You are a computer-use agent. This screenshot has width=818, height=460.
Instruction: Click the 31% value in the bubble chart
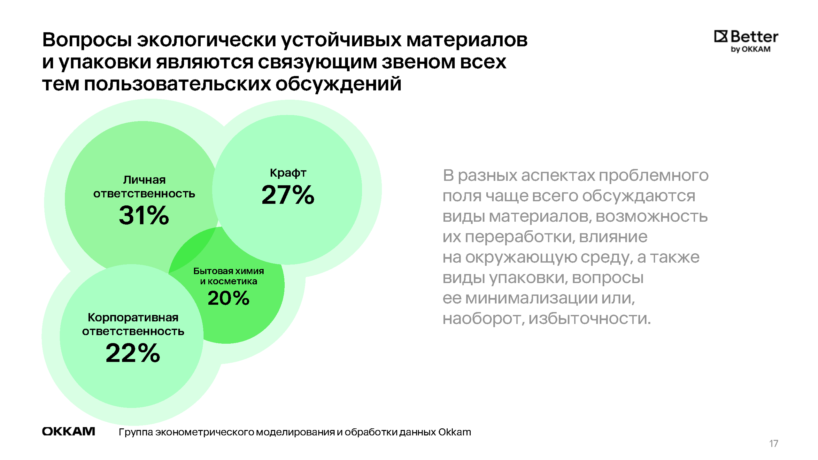(144, 215)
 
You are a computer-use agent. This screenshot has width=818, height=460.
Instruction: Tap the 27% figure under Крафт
(288, 195)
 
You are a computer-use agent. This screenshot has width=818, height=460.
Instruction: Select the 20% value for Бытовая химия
(228, 298)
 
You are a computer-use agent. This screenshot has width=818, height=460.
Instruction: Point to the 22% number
(133, 353)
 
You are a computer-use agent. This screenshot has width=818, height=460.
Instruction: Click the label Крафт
(288, 173)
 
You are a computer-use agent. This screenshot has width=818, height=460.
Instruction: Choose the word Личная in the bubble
(144, 180)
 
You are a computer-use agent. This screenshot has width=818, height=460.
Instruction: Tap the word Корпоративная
(133, 318)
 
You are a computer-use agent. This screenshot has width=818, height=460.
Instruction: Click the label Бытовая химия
(228, 271)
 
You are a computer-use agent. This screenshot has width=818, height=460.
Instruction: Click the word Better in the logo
(754, 37)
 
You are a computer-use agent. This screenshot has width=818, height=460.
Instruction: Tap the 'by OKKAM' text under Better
(751, 50)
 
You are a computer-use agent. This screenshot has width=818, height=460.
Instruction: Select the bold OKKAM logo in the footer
(68, 432)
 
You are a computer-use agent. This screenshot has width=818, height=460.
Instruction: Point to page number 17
(774, 443)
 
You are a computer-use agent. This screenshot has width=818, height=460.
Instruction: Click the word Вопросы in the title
(87, 40)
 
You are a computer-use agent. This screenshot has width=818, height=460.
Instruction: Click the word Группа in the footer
(136, 432)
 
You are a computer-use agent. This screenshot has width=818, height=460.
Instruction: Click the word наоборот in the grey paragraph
(483, 318)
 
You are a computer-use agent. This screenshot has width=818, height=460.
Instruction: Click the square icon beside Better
(721, 37)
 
